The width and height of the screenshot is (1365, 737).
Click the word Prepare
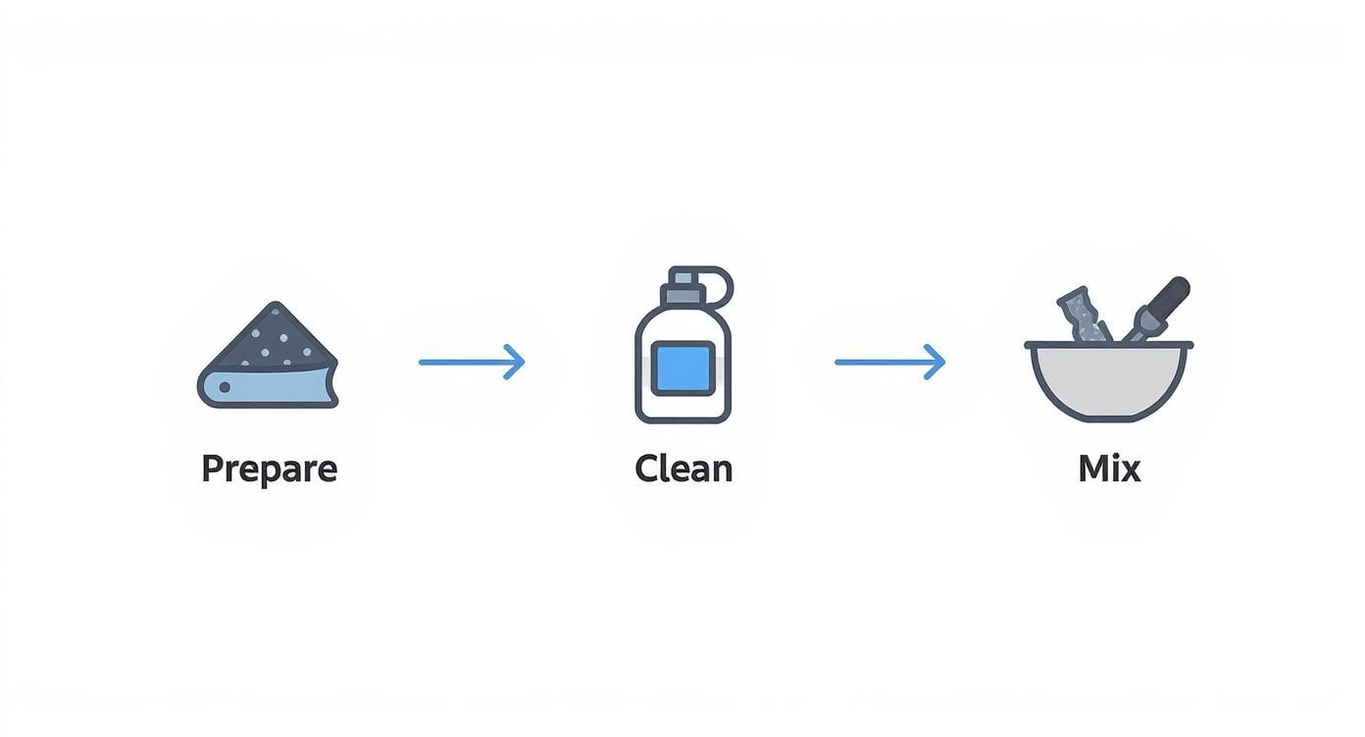coord(269,468)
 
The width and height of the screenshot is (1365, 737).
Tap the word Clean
coord(683,468)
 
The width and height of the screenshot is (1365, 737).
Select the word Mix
coord(1109,468)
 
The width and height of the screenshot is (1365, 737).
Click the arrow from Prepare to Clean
coord(471,362)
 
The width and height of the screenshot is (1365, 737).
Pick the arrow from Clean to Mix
coord(888,362)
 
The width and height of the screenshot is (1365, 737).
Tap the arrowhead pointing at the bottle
coord(516,362)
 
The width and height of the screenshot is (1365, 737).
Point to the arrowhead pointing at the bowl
coord(935,362)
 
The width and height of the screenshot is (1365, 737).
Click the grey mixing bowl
coord(1108,382)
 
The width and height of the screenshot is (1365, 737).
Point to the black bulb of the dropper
coord(1171,294)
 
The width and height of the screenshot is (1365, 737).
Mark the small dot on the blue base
coord(225,388)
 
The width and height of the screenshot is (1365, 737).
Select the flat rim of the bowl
coord(1108,345)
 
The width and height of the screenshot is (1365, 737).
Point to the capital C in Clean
coord(647,468)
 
